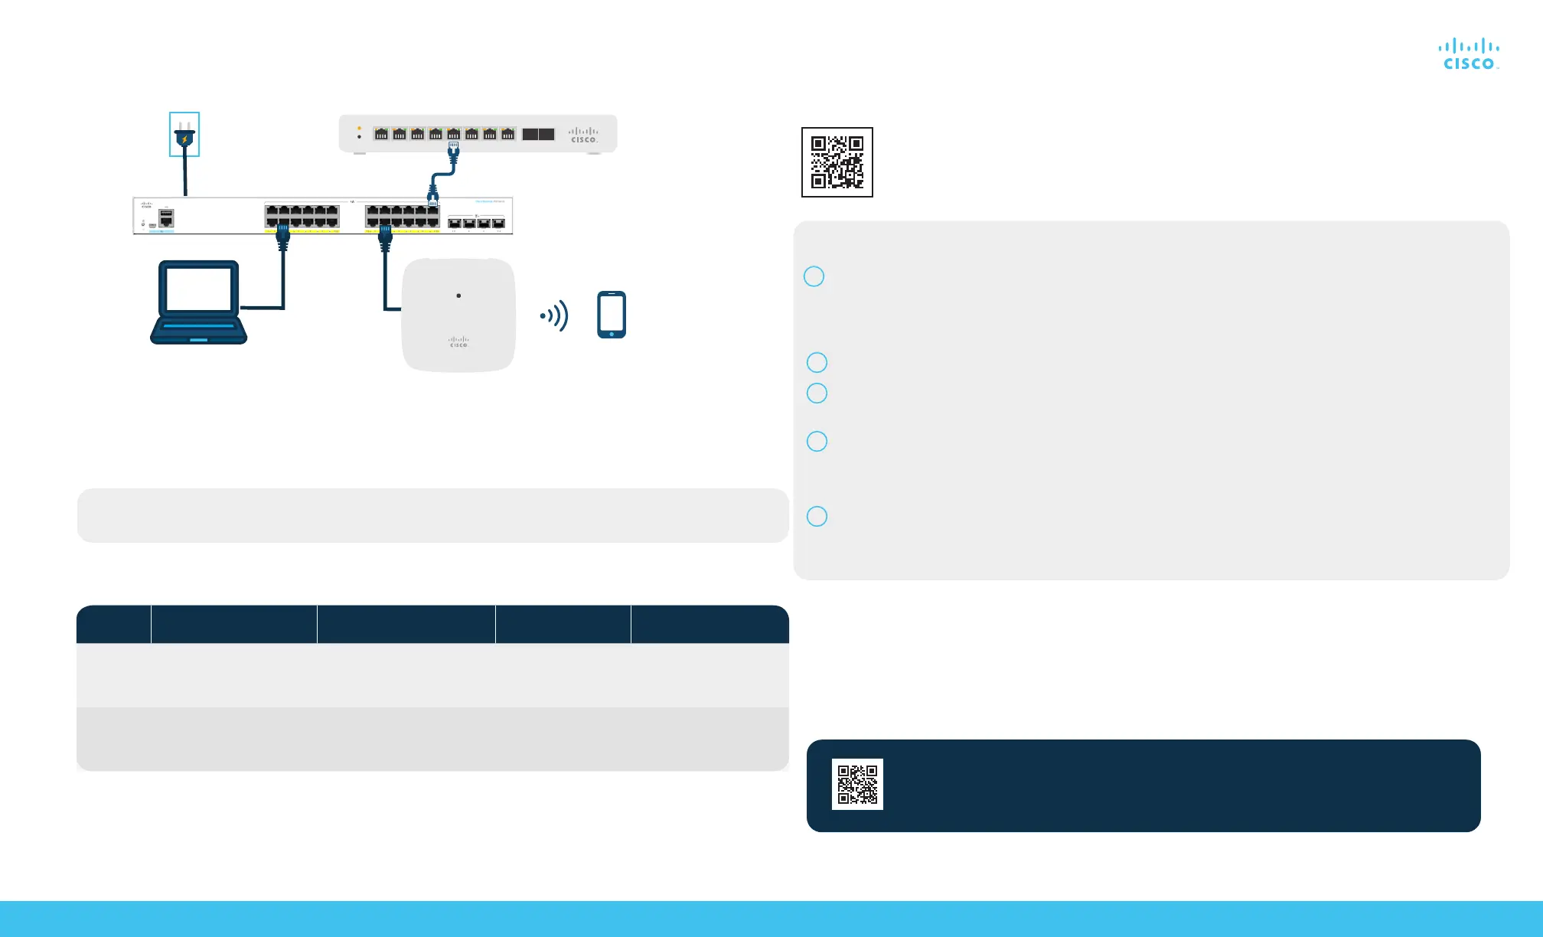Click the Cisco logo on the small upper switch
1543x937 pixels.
click(583, 135)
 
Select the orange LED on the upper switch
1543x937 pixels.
click(359, 128)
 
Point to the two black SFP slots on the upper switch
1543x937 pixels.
click(538, 134)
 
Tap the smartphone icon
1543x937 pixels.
click(611, 314)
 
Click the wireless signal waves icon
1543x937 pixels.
click(555, 315)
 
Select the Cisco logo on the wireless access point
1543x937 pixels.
click(458, 342)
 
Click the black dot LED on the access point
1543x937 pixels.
click(458, 295)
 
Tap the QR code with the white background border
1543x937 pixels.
click(837, 162)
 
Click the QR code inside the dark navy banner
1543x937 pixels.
click(857, 784)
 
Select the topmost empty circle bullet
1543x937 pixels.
click(814, 276)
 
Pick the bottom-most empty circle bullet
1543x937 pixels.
click(817, 516)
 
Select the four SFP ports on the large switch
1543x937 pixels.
click(476, 223)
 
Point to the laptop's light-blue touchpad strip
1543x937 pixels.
click(198, 339)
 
